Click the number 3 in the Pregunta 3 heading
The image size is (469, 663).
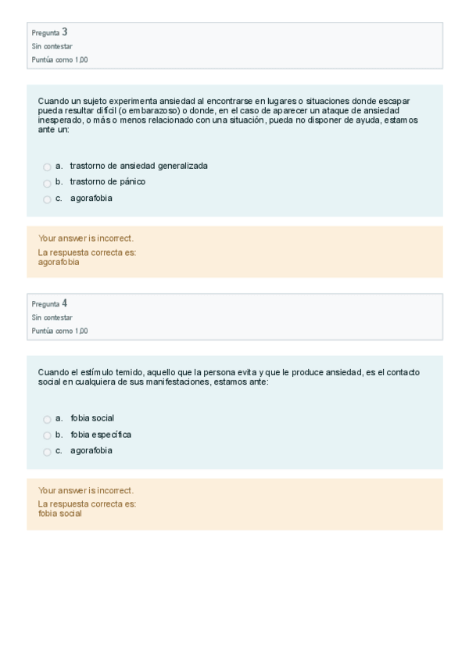pyautogui.click(x=65, y=32)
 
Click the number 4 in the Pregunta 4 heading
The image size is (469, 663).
pyautogui.click(x=65, y=303)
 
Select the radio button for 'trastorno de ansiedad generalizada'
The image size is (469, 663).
pyautogui.click(x=47, y=167)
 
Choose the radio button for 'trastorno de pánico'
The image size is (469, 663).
pyautogui.click(x=47, y=183)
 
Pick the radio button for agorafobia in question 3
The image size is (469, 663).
pyautogui.click(x=47, y=199)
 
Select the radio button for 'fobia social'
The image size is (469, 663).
pyautogui.click(x=47, y=419)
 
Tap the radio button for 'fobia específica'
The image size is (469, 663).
pyautogui.click(x=47, y=435)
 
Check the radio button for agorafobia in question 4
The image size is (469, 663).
pyautogui.click(x=47, y=452)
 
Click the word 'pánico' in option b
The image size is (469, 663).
pyautogui.click(x=131, y=181)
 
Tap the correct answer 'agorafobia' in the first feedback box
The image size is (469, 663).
pyautogui.click(x=59, y=263)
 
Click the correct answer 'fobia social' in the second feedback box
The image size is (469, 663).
pyautogui.click(x=59, y=514)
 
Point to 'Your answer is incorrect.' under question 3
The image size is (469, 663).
pyautogui.click(x=85, y=238)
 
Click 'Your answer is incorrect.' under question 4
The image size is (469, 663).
pyautogui.click(x=85, y=490)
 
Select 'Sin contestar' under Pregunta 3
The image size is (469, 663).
pyautogui.click(x=52, y=46)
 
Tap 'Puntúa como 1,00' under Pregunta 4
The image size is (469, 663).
pyautogui.click(x=59, y=331)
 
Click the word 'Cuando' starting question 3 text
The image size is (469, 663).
pyautogui.click(x=52, y=101)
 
